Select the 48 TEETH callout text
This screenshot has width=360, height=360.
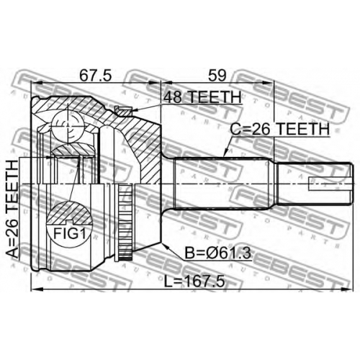(202, 97)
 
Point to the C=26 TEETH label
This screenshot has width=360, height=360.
(280, 129)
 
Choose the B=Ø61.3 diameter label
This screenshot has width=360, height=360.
(217, 253)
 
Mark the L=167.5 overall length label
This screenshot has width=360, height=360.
(194, 281)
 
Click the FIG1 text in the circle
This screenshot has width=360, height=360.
(69, 233)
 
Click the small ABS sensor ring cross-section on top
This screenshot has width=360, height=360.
(123, 111)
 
